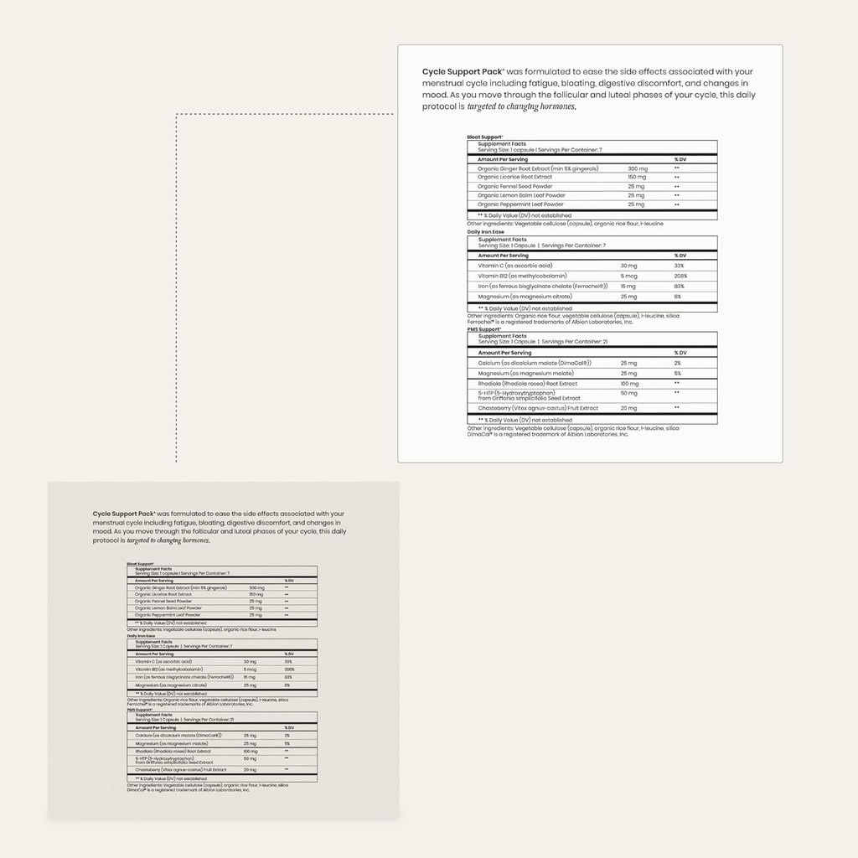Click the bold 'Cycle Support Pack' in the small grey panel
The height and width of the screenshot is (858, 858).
click(x=123, y=514)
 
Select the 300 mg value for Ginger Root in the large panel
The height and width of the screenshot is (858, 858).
click(x=637, y=168)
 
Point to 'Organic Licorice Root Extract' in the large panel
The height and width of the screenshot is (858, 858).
click(x=514, y=177)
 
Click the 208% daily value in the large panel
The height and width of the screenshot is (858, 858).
click(x=680, y=276)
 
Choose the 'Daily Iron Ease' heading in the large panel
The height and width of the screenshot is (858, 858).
click(x=487, y=232)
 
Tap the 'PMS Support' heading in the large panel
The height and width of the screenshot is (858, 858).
click(x=484, y=329)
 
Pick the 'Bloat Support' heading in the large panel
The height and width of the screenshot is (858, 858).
click(x=485, y=137)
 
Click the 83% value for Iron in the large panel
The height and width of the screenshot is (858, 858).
click(x=679, y=286)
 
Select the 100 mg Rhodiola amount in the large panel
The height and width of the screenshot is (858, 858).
click(x=629, y=383)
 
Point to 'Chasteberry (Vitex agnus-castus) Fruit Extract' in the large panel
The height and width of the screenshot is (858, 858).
click(x=538, y=408)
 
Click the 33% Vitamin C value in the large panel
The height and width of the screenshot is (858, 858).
click(x=679, y=266)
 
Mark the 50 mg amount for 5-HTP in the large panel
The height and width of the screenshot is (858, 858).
click(x=629, y=392)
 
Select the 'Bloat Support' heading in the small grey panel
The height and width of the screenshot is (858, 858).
click(x=140, y=564)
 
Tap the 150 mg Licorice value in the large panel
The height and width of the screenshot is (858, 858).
click(x=637, y=177)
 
